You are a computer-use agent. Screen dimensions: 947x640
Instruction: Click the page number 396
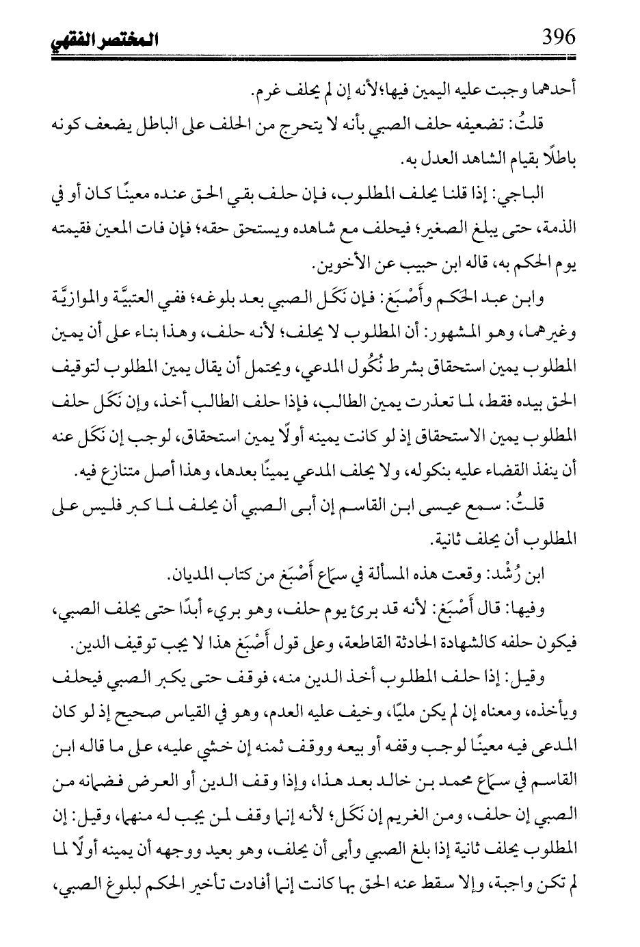pyautogui.click(x=558, y=36)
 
